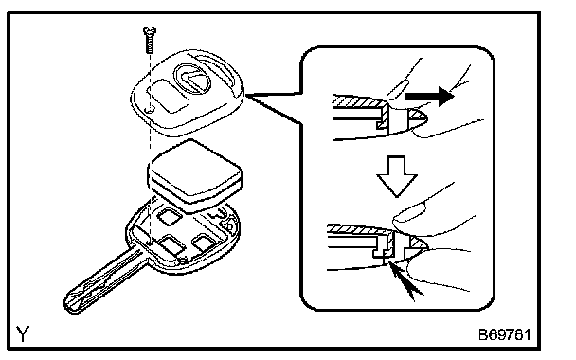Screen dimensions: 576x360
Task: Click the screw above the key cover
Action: click(150, 39)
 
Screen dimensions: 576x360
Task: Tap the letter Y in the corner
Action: click(23, 333)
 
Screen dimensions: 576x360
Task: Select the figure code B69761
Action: click(504, 334)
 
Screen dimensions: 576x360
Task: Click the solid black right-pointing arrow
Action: click(430, 97)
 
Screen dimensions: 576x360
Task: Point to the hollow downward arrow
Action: click(397, 176)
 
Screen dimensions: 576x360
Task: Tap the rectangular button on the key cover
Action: click(168, 95)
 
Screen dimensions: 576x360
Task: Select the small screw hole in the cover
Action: click(150, 110)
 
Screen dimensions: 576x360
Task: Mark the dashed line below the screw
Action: click(150, 147)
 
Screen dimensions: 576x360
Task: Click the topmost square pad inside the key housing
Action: click(170, 216)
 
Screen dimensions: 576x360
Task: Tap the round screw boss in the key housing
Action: click(182, 261)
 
